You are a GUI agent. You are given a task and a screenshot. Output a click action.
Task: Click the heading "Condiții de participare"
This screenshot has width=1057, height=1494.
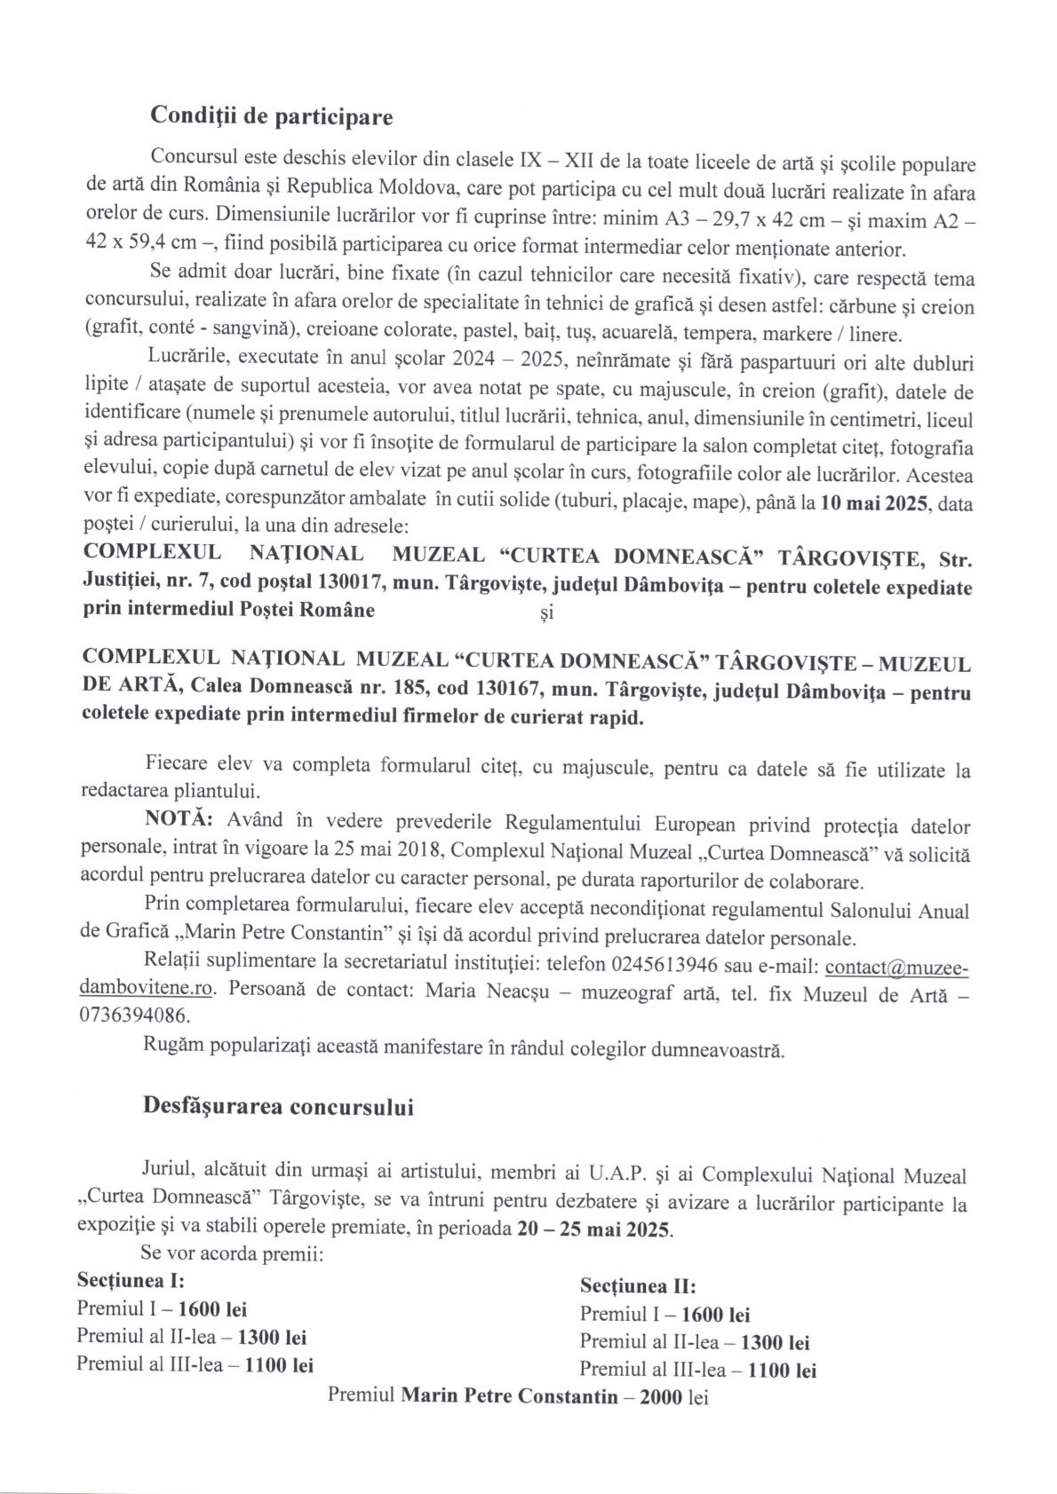[x=272, y=116]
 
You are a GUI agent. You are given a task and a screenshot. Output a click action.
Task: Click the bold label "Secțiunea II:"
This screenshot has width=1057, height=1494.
[x=638, y=1286]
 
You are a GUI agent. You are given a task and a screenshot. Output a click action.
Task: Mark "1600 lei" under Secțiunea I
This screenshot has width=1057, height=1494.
[x=212, y=1308]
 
